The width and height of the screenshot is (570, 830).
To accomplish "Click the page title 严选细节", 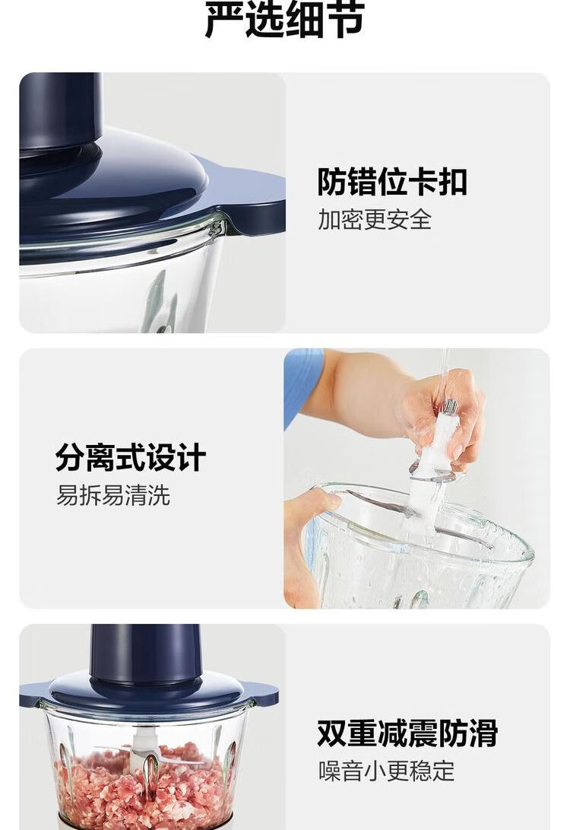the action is coord(284,20).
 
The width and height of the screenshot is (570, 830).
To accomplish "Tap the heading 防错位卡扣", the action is coord(392,182).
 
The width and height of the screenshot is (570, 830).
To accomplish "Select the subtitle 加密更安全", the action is coord(375,219).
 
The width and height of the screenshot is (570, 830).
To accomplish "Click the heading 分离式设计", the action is coord(130,458).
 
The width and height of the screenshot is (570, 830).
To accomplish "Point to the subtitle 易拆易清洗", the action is coord(113,495).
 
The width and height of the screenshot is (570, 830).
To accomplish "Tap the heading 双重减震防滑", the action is coord(407,733).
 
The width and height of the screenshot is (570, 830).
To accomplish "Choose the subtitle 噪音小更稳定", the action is coord(387,771).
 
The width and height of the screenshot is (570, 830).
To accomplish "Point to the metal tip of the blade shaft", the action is coord(450,407).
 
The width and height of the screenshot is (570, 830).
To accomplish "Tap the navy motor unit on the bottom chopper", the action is coord(146,652).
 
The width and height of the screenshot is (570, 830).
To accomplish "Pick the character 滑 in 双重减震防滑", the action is coord(483,733).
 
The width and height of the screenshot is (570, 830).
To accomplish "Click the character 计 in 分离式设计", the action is coord(192,458).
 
